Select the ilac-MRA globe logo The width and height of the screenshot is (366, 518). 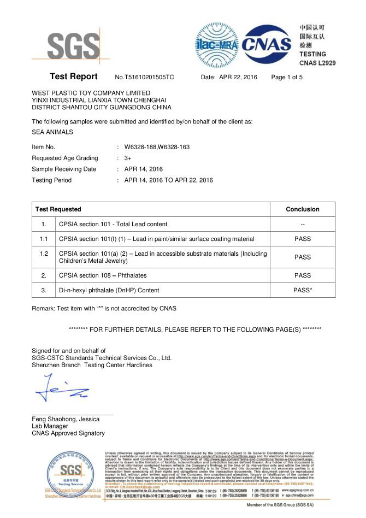click(217, 42)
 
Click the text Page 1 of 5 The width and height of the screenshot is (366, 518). click(287, 78)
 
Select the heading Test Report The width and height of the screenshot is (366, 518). click(73, 76)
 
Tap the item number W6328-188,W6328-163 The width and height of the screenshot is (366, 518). click(157, 147)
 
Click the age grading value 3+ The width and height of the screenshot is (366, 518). click(128, 158)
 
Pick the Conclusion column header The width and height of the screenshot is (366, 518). click(302, 209)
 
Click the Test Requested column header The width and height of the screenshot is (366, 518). click(58, 209)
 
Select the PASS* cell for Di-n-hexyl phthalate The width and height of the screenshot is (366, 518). click(303, 290)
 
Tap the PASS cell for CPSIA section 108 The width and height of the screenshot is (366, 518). click(302, 275)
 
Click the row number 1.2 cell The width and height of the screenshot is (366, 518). click(44, 257)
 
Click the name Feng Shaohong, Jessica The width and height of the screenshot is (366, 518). click(66, 419)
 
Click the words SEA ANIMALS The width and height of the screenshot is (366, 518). click(52, 132)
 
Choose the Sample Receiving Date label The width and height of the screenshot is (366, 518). click(64, 169)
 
